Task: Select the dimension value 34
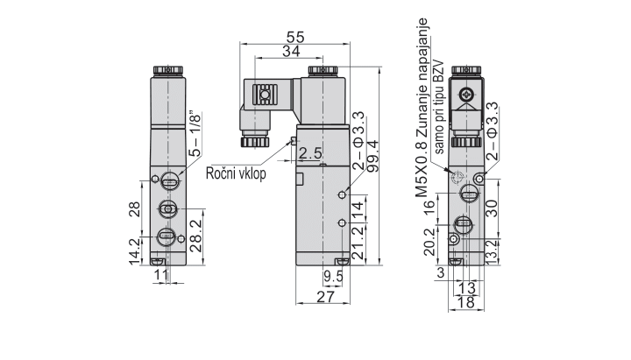[295, 53]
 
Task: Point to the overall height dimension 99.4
[372, 157]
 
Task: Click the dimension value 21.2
[357, 244]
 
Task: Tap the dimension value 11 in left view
[160, 276]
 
